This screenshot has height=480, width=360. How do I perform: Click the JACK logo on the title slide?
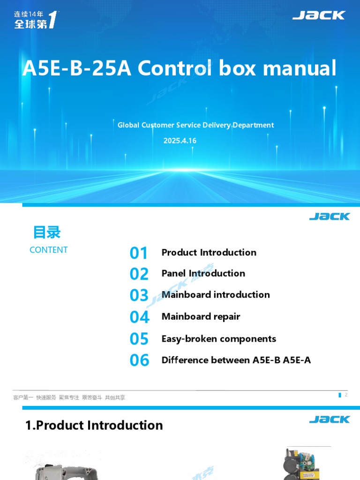319,15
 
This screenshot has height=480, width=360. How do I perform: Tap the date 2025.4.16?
180,141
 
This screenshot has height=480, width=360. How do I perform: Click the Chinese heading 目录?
47,232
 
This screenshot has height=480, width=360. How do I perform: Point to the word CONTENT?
49,250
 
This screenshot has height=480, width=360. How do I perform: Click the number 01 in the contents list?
139,253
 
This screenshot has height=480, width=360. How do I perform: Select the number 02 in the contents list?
139,274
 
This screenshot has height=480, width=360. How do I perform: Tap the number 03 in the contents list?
139,295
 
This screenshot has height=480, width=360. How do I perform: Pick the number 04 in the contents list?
139,317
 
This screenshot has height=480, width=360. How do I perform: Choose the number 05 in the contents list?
139,339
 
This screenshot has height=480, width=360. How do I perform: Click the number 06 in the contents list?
139,360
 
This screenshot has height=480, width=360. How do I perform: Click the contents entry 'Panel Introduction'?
203,273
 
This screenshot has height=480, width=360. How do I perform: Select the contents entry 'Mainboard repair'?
201,316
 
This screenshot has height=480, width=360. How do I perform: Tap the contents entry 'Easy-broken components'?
218,338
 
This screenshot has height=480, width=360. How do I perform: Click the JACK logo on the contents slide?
330,217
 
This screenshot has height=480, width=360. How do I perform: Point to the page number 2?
346,395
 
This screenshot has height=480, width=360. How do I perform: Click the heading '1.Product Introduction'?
94,425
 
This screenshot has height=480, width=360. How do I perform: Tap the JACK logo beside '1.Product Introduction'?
330,419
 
